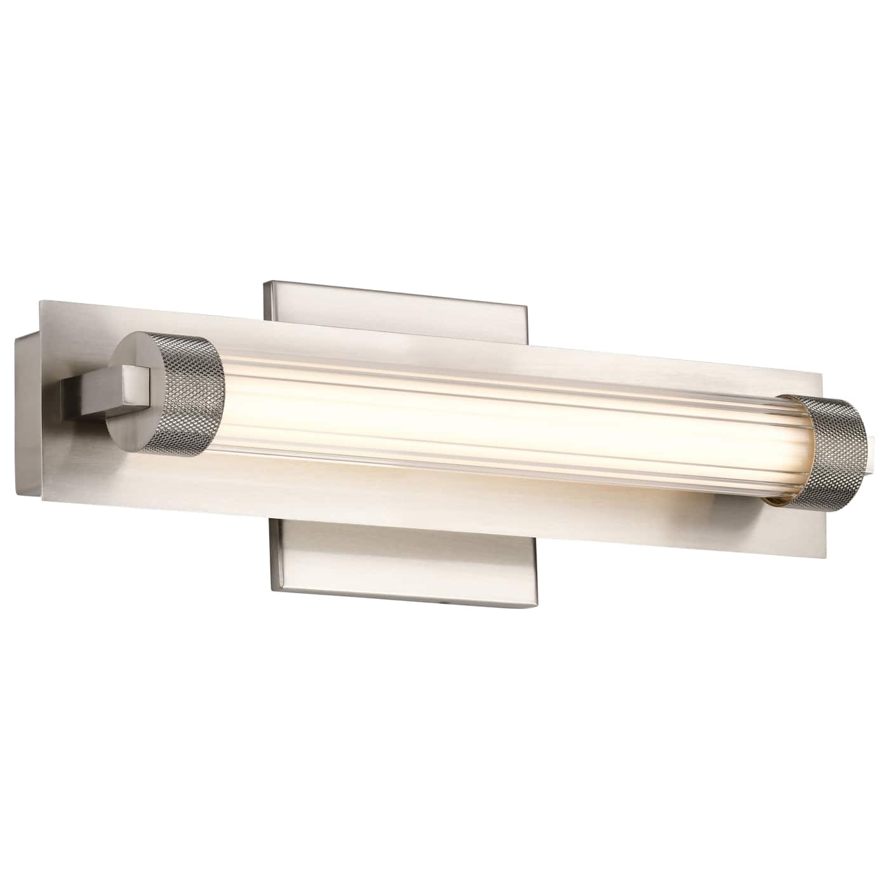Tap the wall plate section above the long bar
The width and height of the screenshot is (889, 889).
point(394,317)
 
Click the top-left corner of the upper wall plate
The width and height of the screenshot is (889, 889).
point(265,281)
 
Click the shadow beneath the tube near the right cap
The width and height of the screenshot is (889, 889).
point(730,502)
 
